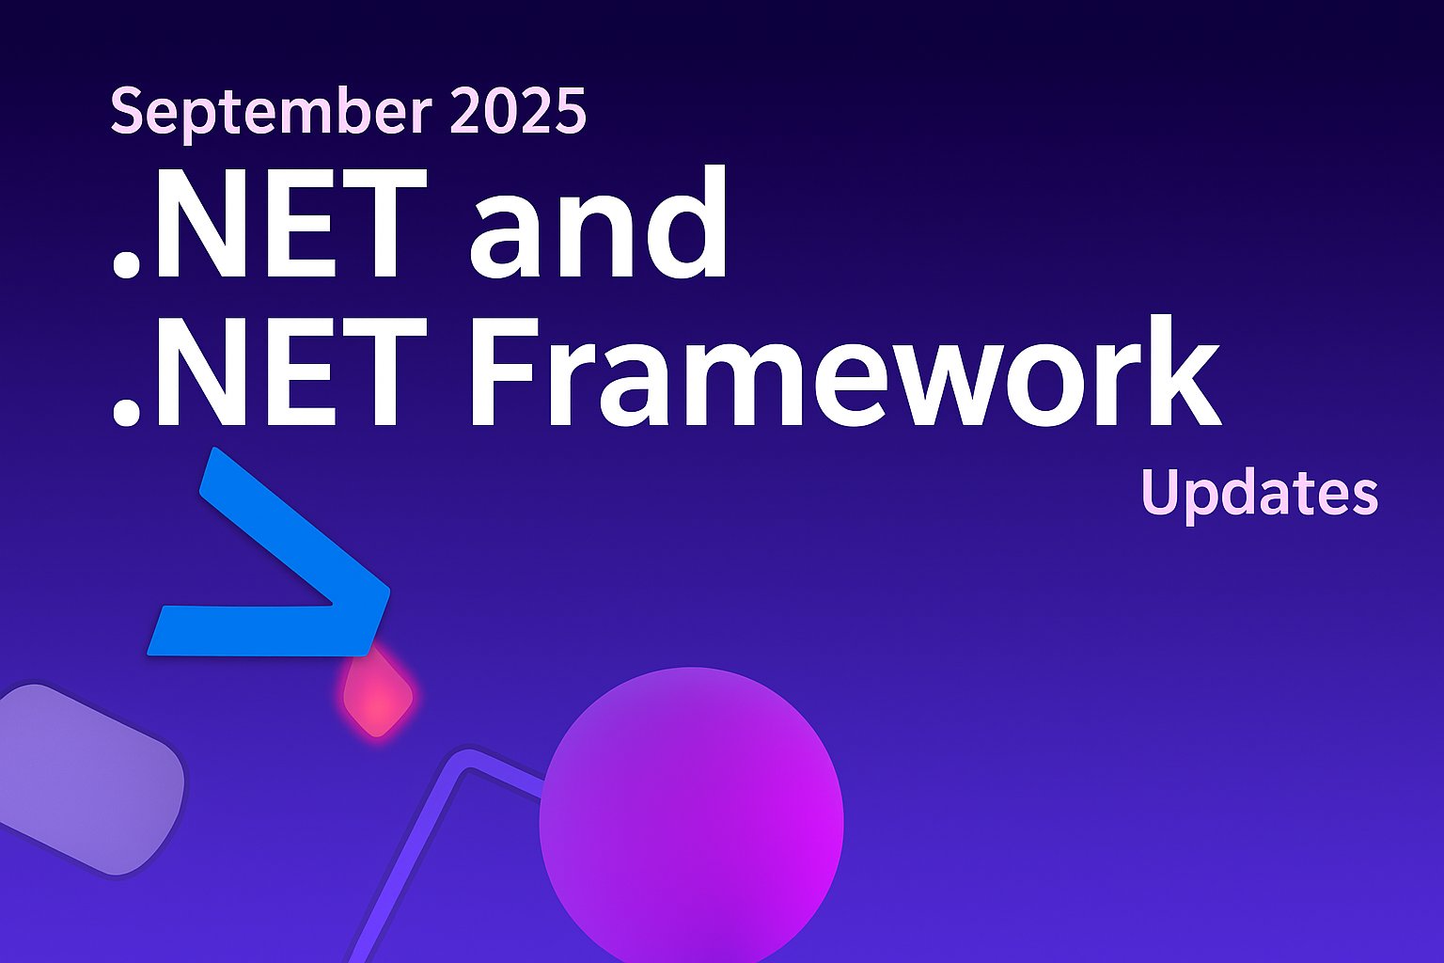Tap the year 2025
518,111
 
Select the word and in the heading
598,227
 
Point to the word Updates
1259,493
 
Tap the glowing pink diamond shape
377,697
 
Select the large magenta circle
691,818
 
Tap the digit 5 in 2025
570,111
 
